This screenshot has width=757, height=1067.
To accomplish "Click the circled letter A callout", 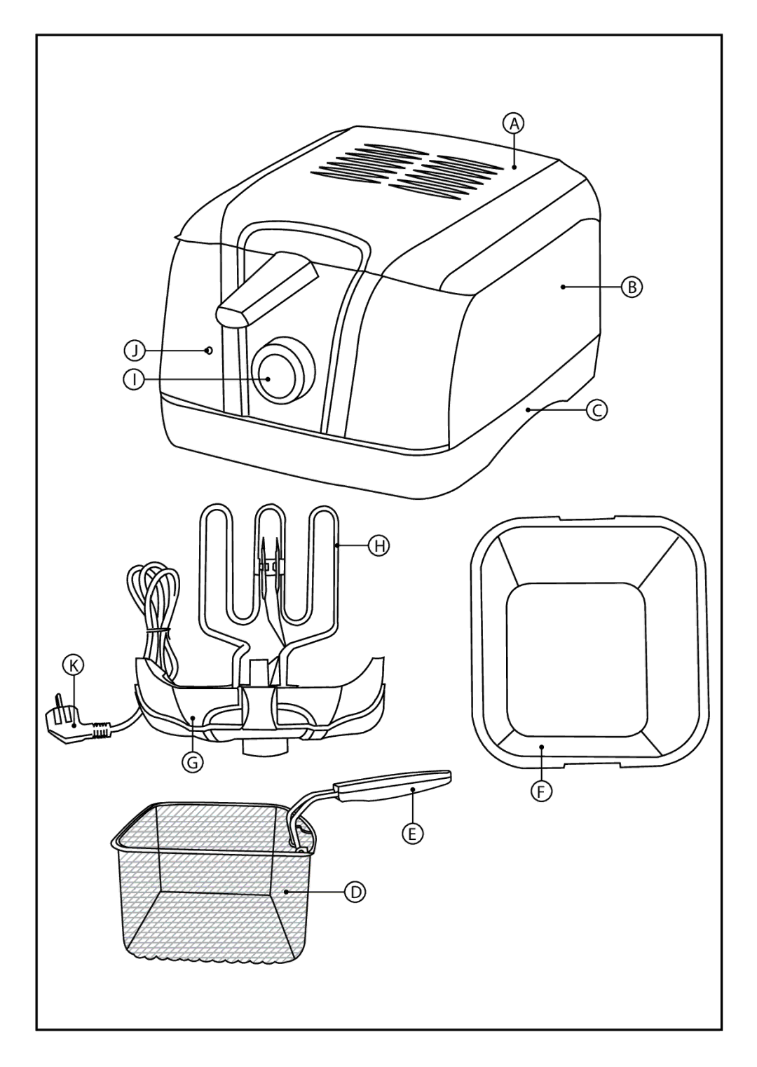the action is coord(514,124).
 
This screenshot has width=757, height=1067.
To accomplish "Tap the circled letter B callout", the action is coord(632,287).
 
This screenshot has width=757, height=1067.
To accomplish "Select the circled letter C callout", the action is coord(597,409).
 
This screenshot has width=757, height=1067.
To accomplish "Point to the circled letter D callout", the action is coord(355,892).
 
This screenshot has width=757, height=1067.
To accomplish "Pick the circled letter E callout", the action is coord(413,833).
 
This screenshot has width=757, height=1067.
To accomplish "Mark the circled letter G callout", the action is coord(193,763).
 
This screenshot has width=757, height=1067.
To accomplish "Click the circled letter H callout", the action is coord(379,545).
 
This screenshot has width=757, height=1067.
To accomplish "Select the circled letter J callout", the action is coord(135,351).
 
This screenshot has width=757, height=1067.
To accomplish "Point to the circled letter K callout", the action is coord(74,665).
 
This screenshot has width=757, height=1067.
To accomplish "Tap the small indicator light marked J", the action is coord(209,351).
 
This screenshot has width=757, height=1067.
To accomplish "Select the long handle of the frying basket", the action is coord(393,785).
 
